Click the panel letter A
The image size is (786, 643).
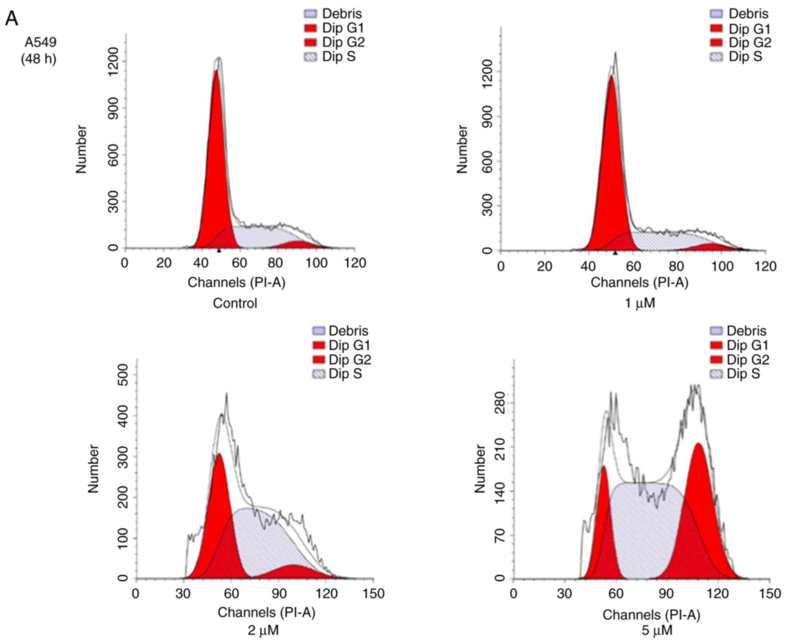click(x=12, y=18)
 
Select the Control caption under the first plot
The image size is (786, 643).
click(x=235, y=303)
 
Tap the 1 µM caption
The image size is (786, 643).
click(x=639, y=303)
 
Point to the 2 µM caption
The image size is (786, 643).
click(x=263, y=630)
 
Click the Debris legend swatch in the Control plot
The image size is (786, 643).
click(x=310, y=14)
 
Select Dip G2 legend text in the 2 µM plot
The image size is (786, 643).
click(x=349, y=360)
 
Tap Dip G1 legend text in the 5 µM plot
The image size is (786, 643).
click(x=747, y=345)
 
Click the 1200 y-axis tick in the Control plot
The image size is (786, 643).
click(x=114, y=62)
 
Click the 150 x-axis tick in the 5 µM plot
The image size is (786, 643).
click(x=769, y=594)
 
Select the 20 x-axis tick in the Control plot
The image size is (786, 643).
click(x=163, y=263)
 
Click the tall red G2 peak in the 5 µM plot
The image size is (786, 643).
click(x=698, y=493)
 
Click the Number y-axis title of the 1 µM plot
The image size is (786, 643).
click(x=462, y=149)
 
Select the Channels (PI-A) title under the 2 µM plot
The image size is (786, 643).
click(x=266, y=613)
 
